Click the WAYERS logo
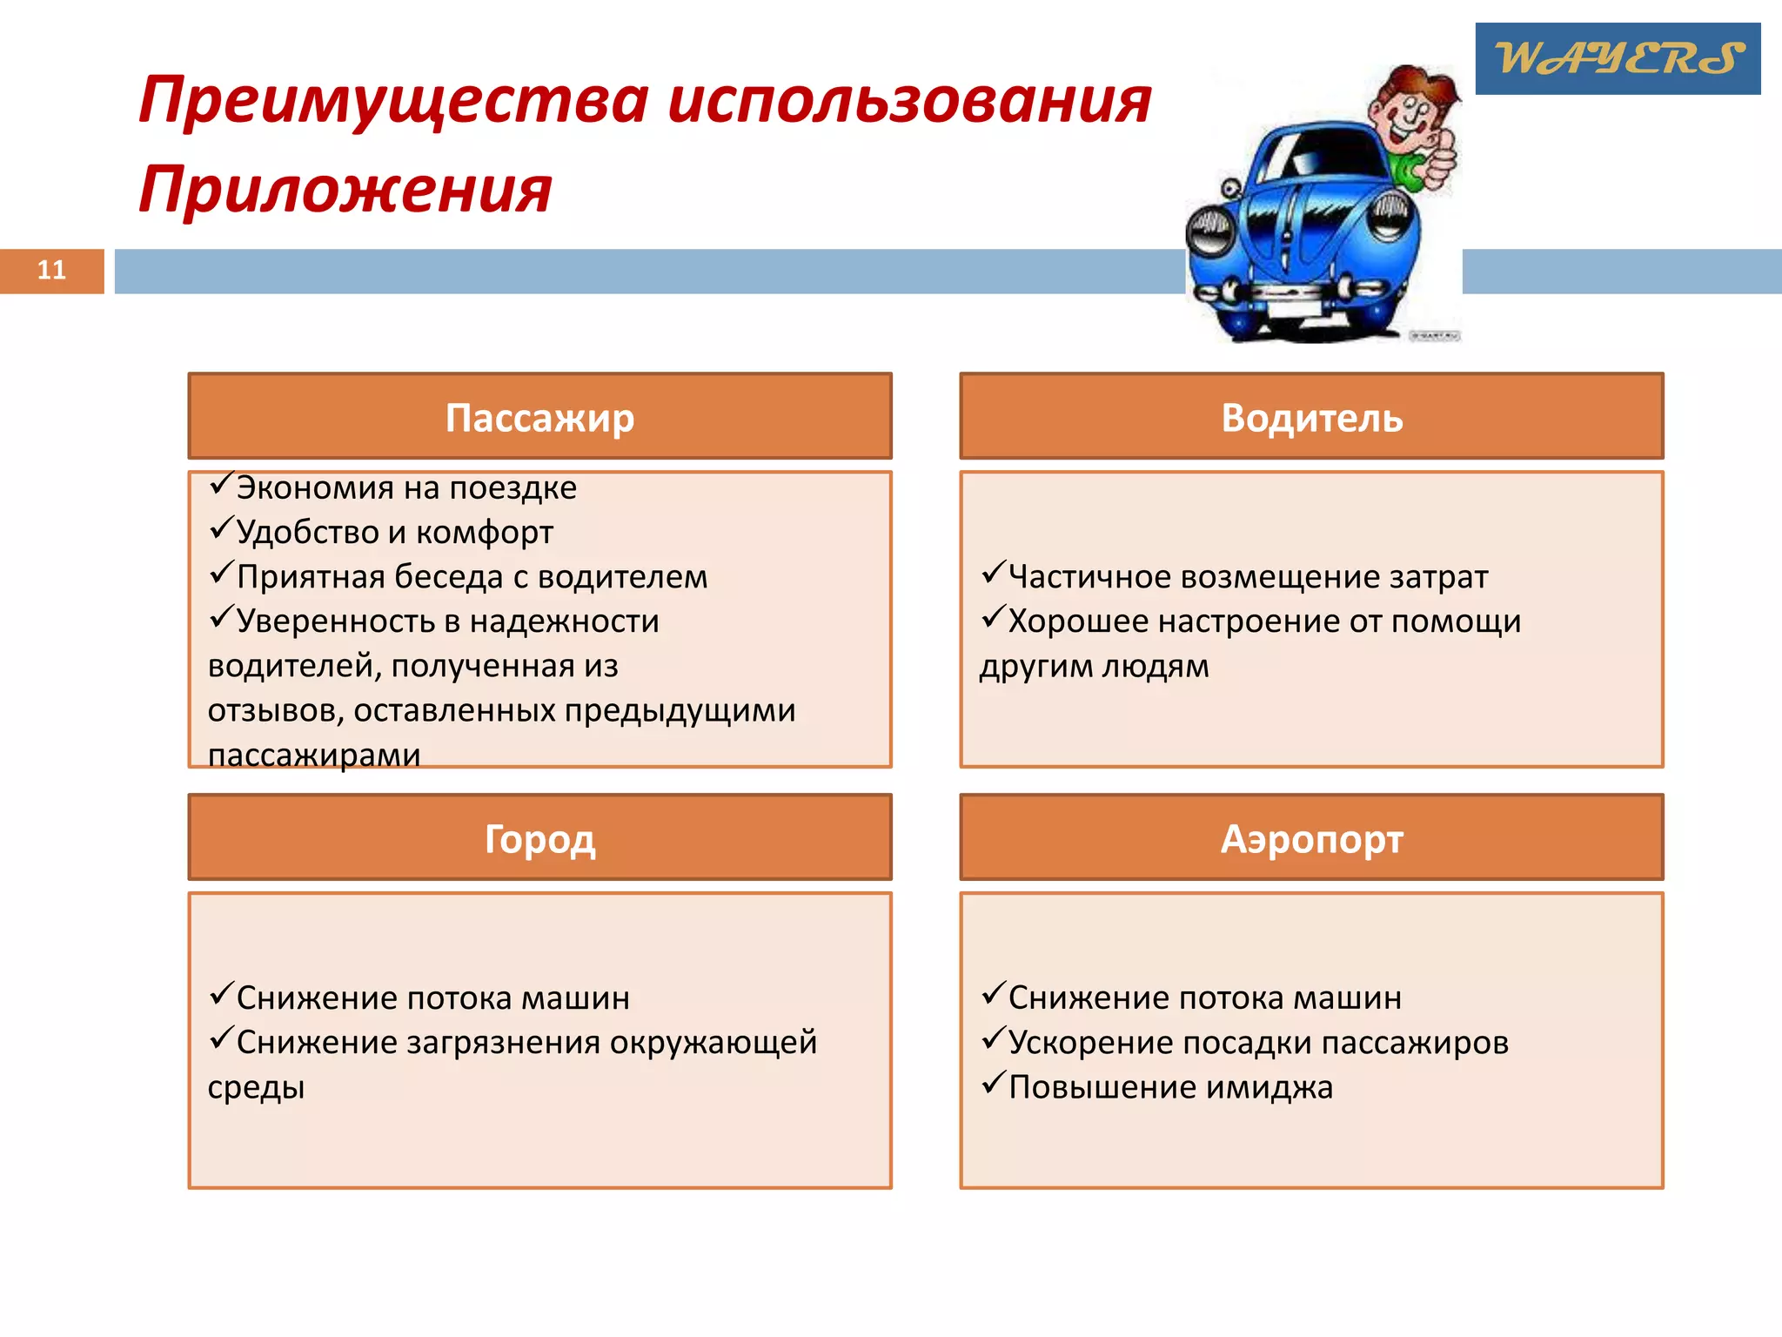click(1617, 58)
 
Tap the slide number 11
click(51, 270)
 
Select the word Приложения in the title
click(345, 189)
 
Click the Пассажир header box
click(539, 417)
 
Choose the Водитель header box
click(1311, 417)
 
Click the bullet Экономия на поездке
click(405, 487)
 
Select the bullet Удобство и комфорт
click(394, 532)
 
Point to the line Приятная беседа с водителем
click(472, 576)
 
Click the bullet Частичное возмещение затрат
click(1248, 576)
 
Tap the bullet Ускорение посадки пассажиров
click(1257, 1042)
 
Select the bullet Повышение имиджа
click(1170, 1086)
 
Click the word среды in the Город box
click(256, 1087)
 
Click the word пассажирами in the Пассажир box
click(314, 755)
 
